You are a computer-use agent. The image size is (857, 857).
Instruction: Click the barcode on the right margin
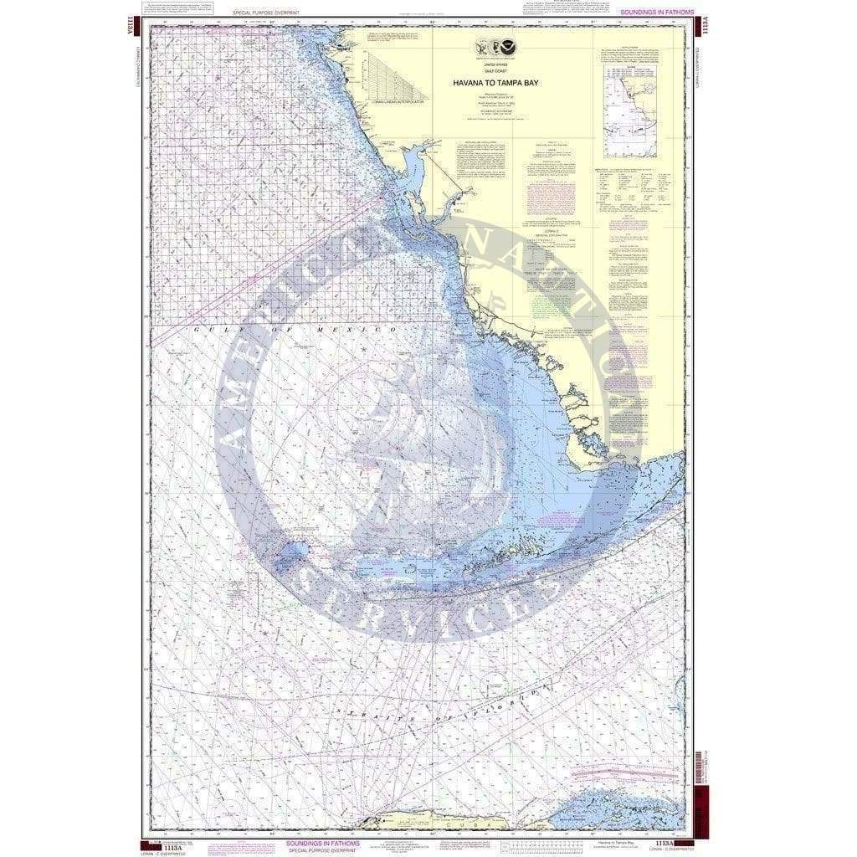[698, 770]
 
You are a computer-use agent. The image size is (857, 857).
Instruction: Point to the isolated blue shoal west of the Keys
[295, 552]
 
